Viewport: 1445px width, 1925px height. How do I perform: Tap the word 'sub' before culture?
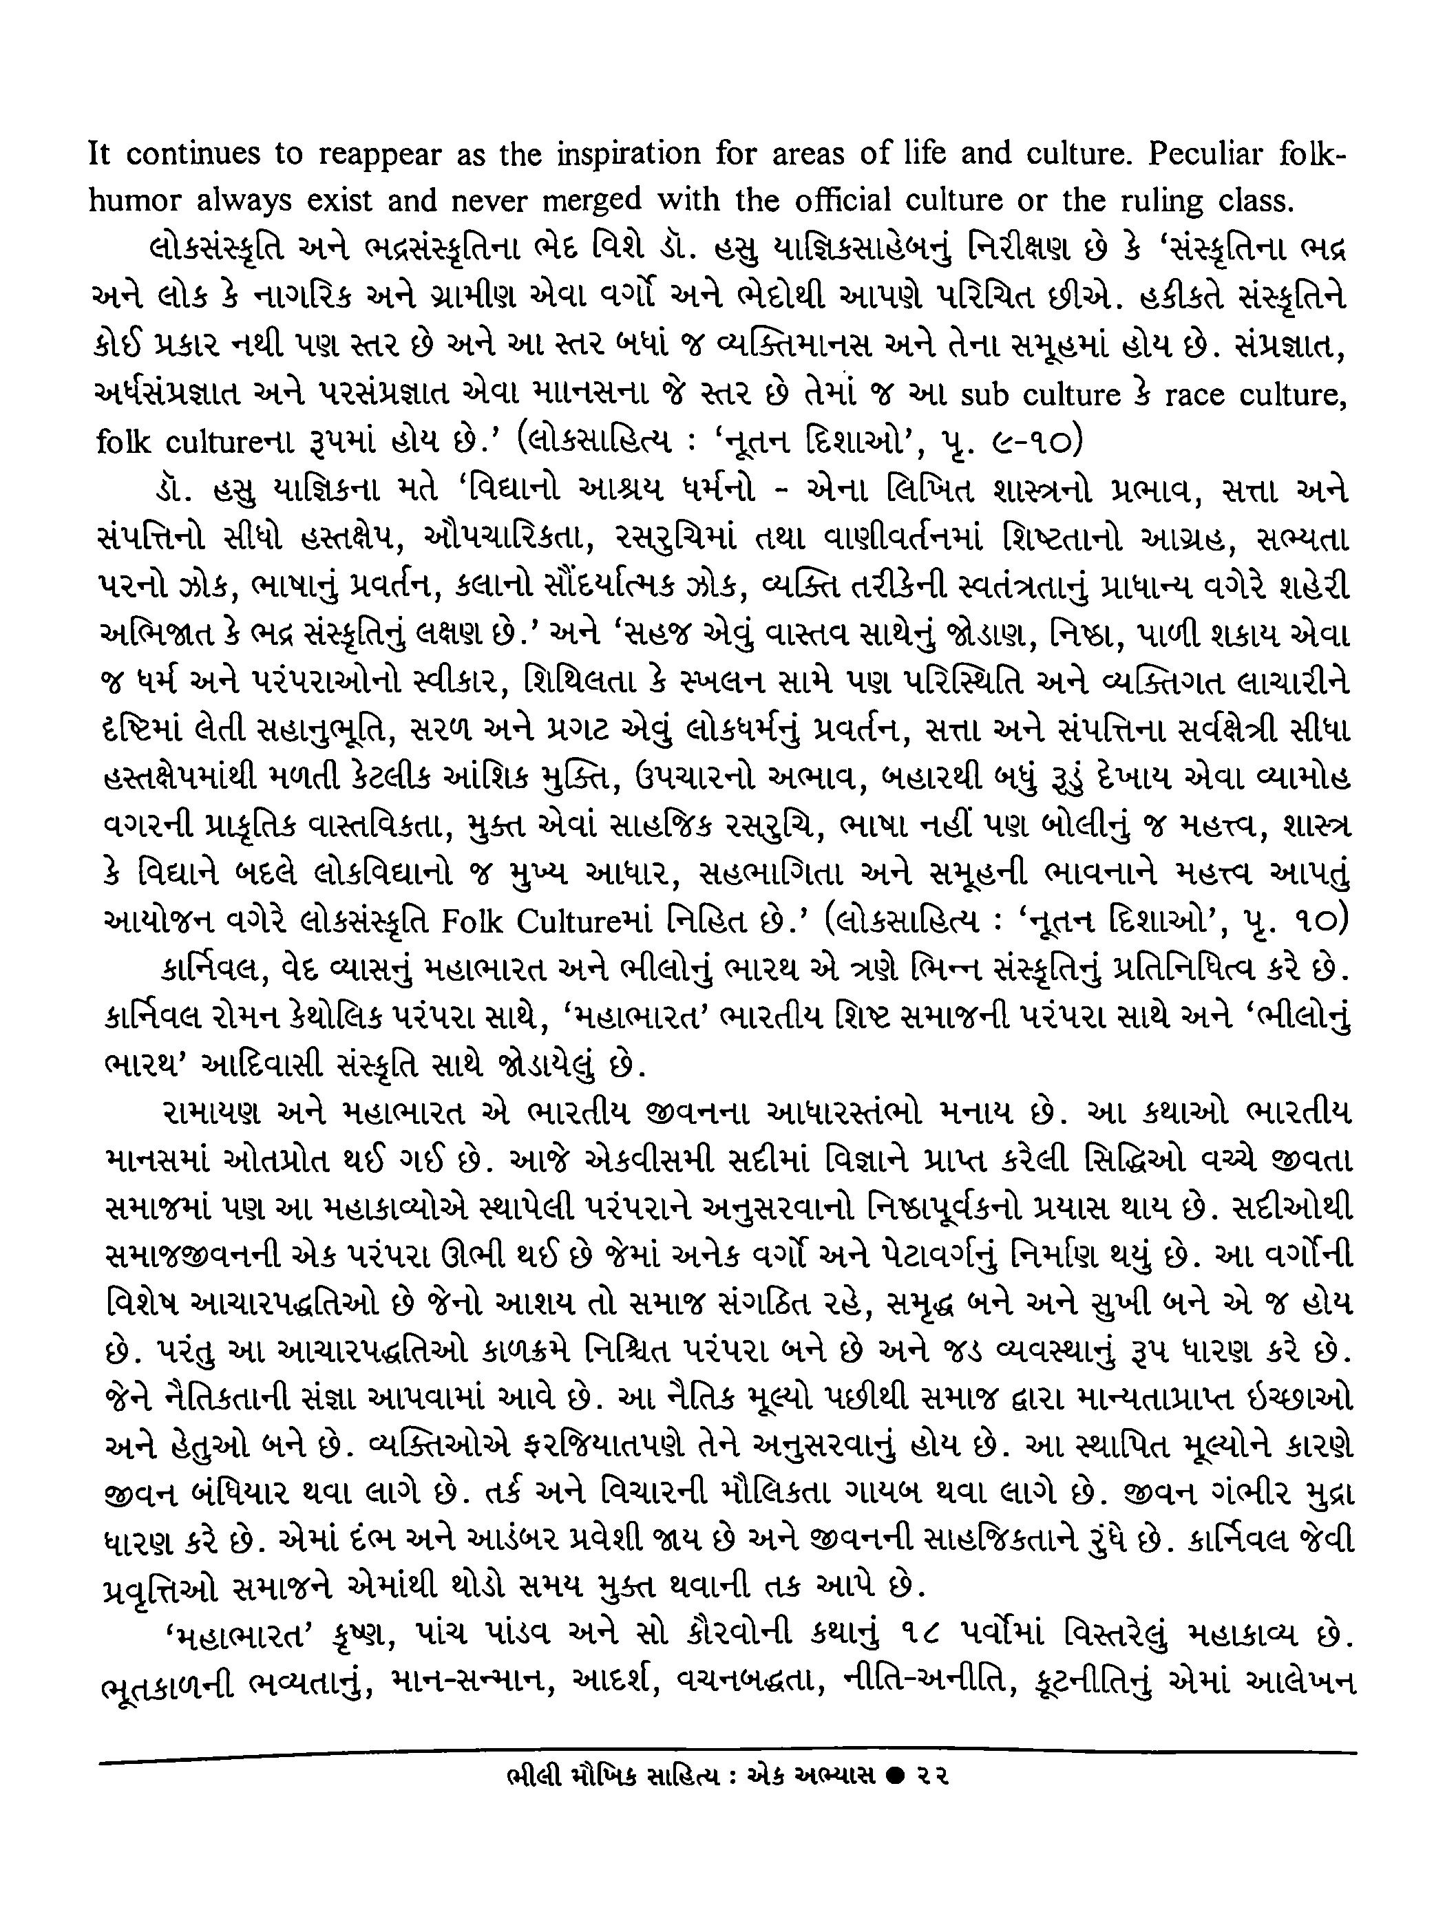(987, 395)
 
